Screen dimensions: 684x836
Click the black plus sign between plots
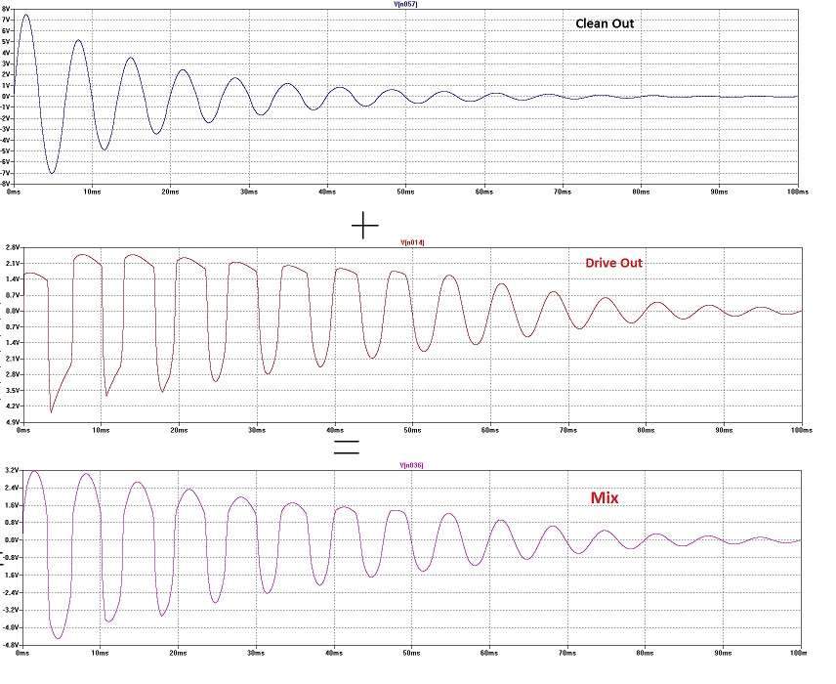tap(364, 227)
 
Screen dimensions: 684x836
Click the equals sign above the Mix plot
tap(346, 447)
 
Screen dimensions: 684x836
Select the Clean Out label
tap(605, 22)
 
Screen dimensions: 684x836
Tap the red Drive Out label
tap(613, 263)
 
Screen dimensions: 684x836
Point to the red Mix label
tap(605, 497)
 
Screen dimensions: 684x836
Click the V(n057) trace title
tap(405, 4)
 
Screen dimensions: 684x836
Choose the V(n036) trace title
tap(413, 464)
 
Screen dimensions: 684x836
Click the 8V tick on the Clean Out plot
tap(7, 9)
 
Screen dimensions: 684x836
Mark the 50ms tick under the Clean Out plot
tap(405, 192)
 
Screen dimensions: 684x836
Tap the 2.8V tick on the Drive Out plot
tap(12, 248)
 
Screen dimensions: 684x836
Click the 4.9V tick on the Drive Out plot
tap(12, 421)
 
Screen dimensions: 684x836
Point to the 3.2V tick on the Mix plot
tap(12, 470)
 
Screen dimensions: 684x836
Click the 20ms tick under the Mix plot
tap(178, 651)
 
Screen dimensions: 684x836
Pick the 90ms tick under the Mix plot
tap(723, 651)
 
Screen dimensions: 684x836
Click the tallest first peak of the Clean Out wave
tap(25, 15)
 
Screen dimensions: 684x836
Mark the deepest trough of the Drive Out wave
tap(52, 412)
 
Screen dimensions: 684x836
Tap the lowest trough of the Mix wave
tap(59, 638)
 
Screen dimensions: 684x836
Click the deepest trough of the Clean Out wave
tap(53, 173)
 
